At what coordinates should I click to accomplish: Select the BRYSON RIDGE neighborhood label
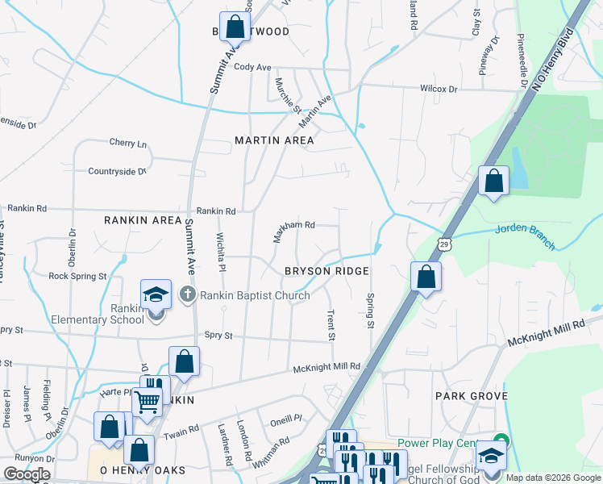[x=326, y=272]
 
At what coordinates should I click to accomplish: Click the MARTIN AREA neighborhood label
[x=274, y=140]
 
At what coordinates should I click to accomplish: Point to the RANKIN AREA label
[x=143, y=219]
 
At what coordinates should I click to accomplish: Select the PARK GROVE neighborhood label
[x=471, y=396]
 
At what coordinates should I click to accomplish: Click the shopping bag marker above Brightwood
[x=235, y=27]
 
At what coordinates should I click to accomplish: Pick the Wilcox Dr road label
[x=439, y=89]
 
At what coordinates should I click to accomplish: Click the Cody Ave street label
[x=252, y=68]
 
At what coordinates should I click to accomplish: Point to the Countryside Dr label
[x=117, y=171]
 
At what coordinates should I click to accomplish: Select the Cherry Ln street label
[x=128, y=144]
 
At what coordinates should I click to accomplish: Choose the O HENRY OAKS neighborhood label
[x=143, y=469]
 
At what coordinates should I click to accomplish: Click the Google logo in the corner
[x=27, y=474]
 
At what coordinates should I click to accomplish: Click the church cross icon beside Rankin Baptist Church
[x=189, y=294]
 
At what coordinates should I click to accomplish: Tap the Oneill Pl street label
[x=285, y=419]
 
